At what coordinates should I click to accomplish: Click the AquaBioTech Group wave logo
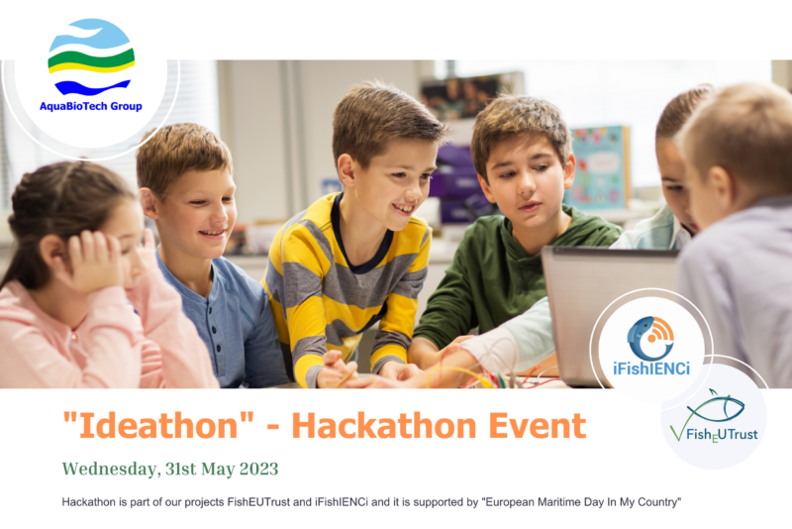[x=91, y=58]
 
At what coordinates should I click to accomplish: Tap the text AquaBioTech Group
[x=91, y=106]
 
